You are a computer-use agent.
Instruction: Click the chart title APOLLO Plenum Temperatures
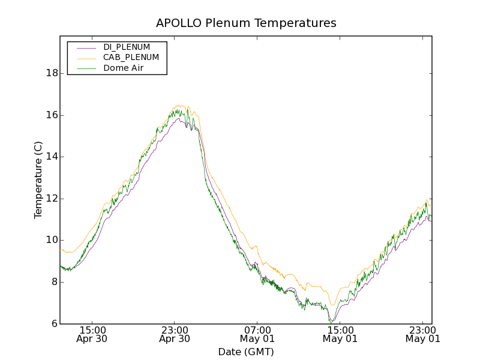tap(246, 23)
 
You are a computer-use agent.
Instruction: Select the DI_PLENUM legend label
tap(127, 47)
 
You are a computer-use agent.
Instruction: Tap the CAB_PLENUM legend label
tap(131, 58)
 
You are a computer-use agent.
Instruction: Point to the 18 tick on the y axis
tap(52, 73)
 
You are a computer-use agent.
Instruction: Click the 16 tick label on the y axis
tap(52, 115)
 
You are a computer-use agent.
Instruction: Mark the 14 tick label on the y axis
tap(52, 157)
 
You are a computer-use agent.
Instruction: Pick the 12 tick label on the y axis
tap(52, 199)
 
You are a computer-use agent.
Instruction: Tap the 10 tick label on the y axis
tap(52, 240)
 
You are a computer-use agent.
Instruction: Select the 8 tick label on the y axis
tap(54, 282)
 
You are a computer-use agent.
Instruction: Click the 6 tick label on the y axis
tap(54, 324)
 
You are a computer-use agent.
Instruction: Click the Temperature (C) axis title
tap(38, 180)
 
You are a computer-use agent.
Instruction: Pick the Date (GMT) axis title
tap(246, 352)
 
